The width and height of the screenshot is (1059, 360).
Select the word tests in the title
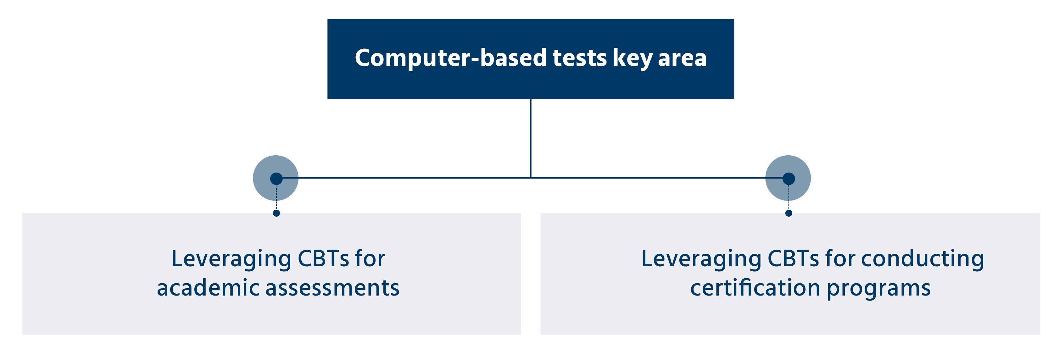click(580, 58)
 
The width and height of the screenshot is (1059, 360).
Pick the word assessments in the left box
click(332, 288)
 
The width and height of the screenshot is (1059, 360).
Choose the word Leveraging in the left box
click(231, 260)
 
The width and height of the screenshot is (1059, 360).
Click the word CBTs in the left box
click(324, 259)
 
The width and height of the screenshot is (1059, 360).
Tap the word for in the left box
click(370, 258)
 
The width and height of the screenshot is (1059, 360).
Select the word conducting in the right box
click(922, 260)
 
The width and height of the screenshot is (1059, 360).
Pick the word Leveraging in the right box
click(701, 260)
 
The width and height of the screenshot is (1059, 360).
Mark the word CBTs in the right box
click(794, 259)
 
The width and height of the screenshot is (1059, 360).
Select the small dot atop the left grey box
click(276, 213)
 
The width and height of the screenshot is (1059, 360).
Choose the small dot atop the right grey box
click(789, 213)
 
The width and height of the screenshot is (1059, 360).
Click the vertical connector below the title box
click(531, 138)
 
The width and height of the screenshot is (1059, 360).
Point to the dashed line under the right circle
click(789, 197)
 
